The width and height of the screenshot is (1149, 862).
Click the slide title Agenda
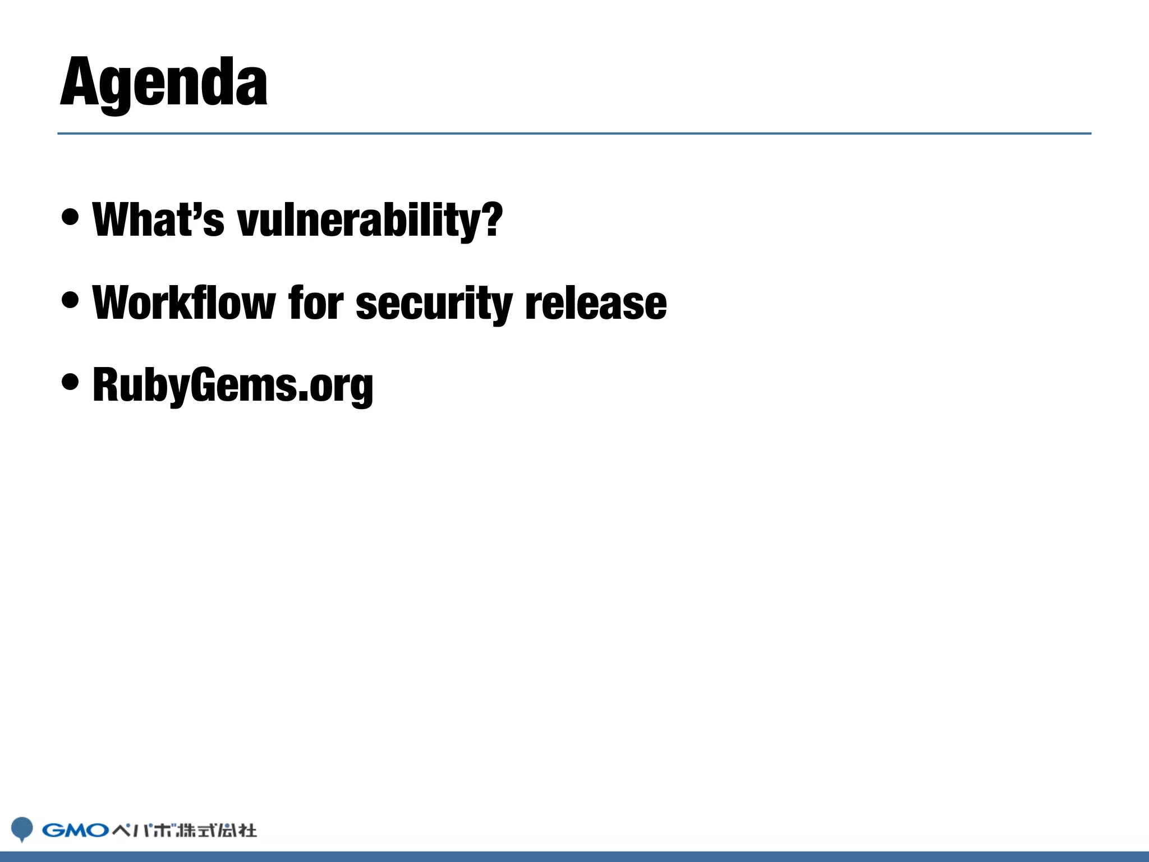click(x=163, y=83)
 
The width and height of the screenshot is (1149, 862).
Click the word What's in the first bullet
click(x=158, y=219)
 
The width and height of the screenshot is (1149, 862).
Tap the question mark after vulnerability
click(x=492, y=218)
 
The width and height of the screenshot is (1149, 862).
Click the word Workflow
click(x=184, y=302)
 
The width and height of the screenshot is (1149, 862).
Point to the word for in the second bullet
click(x=315, y=302)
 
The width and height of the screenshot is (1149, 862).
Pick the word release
click(x=596, y=304)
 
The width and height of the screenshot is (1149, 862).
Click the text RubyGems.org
click(x=233, y=386)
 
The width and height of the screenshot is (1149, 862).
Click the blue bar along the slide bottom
click(x=574, y=856)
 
